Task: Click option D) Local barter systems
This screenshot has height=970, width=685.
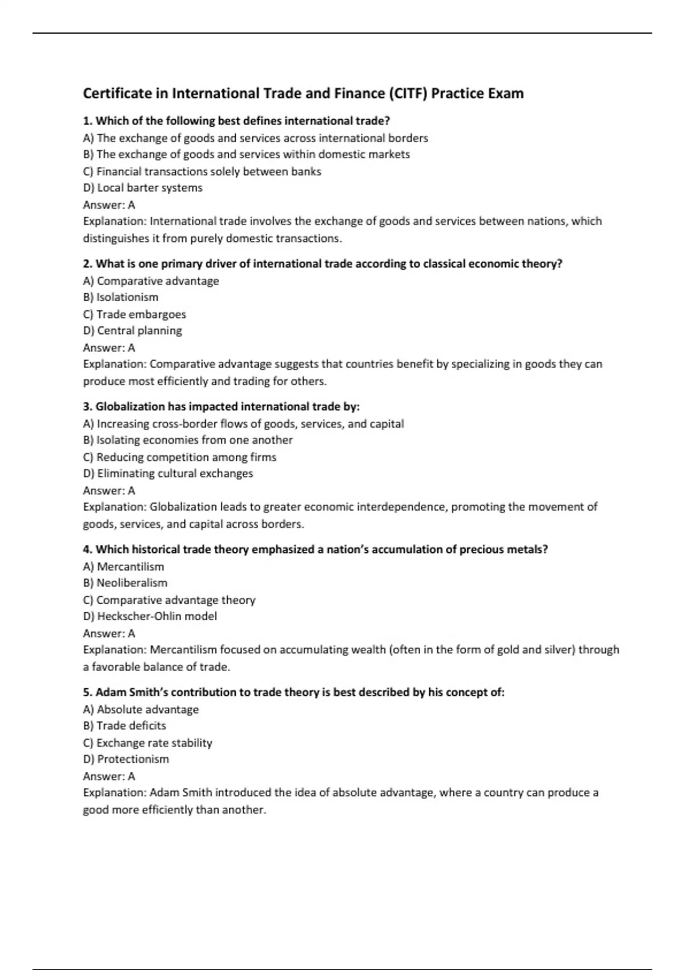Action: point(143,188)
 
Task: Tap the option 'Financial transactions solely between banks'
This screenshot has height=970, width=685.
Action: point(202,171)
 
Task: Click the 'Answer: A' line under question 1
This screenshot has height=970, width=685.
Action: point(109,205)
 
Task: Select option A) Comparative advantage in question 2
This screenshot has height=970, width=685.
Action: point(151,281)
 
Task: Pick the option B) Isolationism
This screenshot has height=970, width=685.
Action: point(120,297)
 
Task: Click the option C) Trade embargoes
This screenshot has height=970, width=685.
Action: point(134,314)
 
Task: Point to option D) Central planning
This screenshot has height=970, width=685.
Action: point(132,331)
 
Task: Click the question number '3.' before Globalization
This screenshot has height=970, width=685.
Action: point(88,407)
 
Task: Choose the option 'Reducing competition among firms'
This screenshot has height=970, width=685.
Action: point(179,457)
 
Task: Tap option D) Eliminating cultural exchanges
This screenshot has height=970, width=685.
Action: point(168,474)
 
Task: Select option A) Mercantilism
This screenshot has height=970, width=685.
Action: point(123,567)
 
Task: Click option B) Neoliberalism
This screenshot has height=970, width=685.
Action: point(125,583)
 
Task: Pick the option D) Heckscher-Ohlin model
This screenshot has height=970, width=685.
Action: point(150,616)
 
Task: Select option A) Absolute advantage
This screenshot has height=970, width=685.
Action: point(141,709)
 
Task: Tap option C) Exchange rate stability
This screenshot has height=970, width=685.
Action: point(147,743)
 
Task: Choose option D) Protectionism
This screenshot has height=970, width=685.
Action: point(126,759)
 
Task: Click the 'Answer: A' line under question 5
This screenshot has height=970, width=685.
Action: point(109,776)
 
